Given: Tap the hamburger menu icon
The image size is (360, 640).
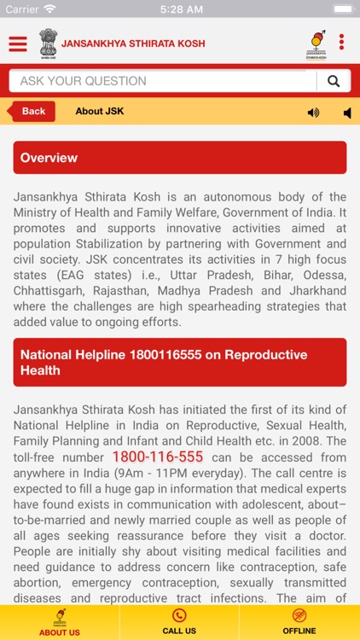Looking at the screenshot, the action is click(18, 44).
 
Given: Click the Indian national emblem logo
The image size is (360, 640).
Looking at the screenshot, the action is click(47, 43).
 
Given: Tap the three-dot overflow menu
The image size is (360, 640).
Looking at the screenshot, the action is click(341, 43).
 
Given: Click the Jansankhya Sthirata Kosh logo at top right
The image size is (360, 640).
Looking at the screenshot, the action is click(317, 43).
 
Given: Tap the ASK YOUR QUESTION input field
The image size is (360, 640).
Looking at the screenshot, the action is click(162, 81).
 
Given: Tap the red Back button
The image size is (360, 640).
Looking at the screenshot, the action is click(32, 112).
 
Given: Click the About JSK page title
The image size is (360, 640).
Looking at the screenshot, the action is click(100, 112).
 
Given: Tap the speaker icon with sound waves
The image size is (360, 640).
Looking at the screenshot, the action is click(313, 113).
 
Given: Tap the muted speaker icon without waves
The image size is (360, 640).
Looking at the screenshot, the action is click(347, 113).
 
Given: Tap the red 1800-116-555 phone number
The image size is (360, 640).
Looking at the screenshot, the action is click(158, 457).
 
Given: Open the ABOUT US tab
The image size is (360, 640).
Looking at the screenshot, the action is click(60, 622).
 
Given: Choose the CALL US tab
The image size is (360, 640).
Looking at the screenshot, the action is click(179, 622).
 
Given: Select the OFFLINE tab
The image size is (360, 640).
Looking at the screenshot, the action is click(299, 622).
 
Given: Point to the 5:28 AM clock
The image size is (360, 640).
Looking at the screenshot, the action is click(179, 9).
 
